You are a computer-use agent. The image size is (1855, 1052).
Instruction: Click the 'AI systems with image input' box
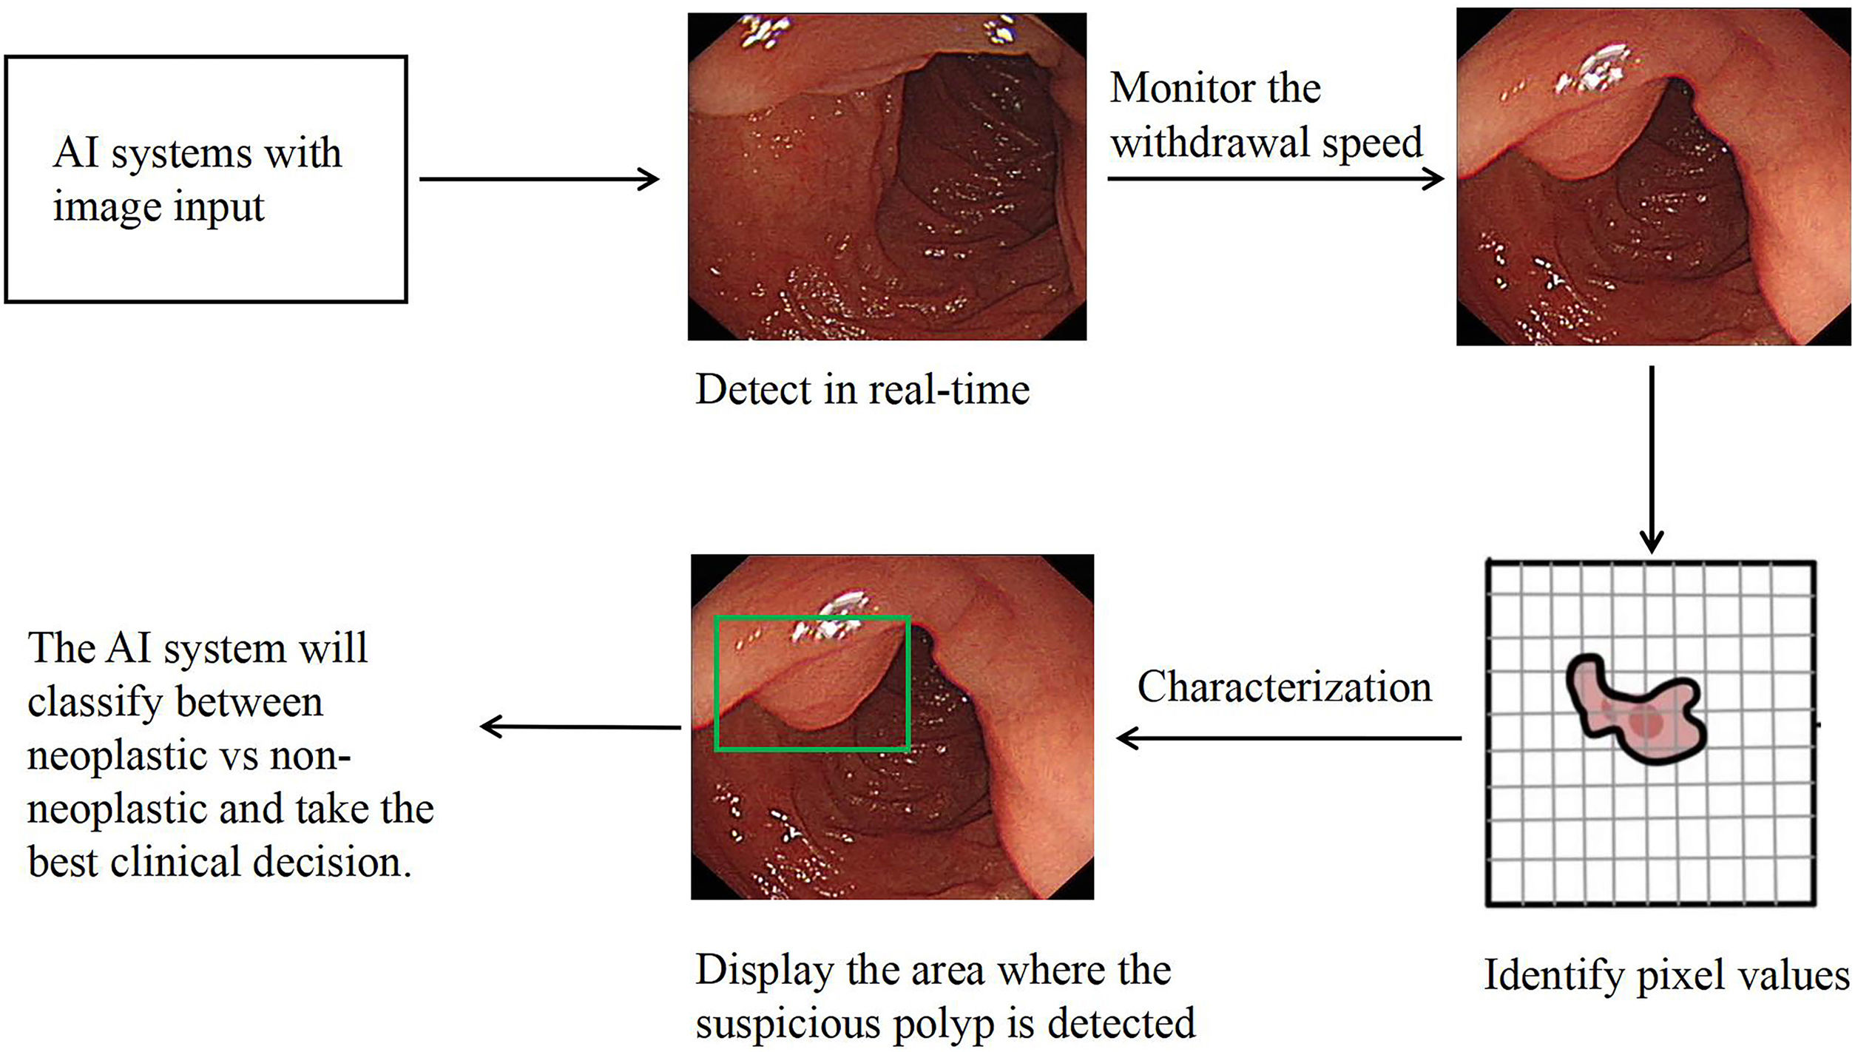tap(206, 179)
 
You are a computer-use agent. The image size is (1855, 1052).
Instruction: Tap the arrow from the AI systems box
tap(538, 179)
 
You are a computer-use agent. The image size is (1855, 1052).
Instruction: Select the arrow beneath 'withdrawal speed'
tap(1274, 178)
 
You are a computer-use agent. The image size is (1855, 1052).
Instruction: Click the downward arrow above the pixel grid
tap(1652, 459)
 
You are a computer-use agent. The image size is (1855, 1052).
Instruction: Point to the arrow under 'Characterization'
tap(1288, 738)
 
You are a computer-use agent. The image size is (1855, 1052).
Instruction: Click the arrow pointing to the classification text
tap(581, 726)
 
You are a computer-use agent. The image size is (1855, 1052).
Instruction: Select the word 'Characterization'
tap(1284, 687)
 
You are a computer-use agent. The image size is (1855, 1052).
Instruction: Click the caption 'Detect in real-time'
tap(862, 389)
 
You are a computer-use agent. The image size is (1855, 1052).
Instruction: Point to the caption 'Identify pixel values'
tap(1666, 974)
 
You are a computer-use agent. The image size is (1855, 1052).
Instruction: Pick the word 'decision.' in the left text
tap(332, 862)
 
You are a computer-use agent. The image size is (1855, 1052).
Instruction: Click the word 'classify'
tap(94, 702)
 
